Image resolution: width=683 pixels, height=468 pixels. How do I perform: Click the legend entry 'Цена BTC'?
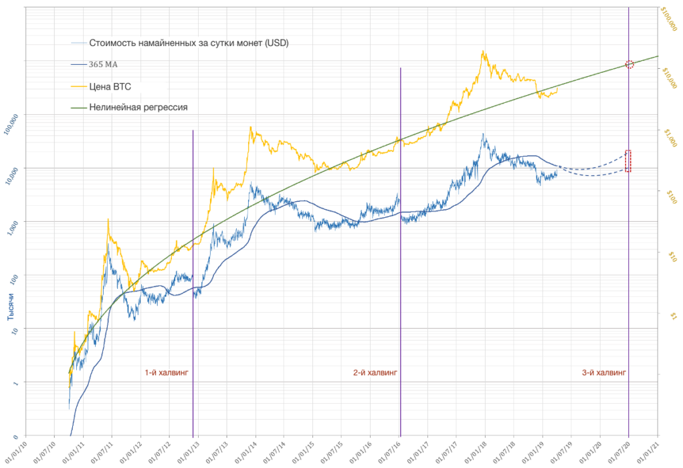tap(113, 86)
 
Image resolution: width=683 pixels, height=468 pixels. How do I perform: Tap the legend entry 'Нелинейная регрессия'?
tap(138, 107)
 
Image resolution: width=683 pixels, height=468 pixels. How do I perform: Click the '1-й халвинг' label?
tap(167, 373)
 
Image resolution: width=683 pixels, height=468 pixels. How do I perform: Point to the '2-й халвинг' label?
tap(375, 373)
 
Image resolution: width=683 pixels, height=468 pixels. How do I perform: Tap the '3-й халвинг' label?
tap(604, 373)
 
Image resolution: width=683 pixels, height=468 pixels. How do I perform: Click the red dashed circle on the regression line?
tap(629, 64)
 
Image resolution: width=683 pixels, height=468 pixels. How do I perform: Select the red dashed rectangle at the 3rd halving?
tap(628, 161)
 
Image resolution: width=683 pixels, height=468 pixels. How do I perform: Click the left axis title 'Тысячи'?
tap(11, 311)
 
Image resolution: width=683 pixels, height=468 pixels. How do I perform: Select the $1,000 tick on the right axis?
tap(666, 138)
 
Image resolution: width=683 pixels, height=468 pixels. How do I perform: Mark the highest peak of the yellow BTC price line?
tap(482, 51)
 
